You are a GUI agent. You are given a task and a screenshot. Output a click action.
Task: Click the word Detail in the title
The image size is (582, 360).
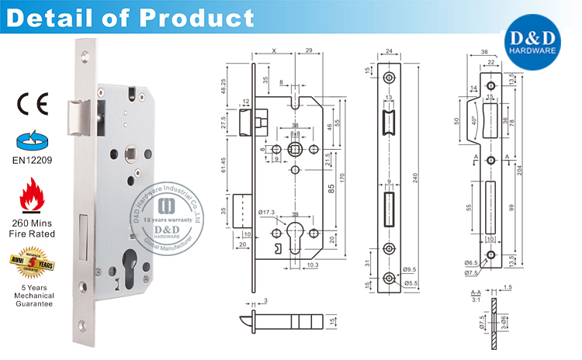pyautogui.click(x=55, y=17)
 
